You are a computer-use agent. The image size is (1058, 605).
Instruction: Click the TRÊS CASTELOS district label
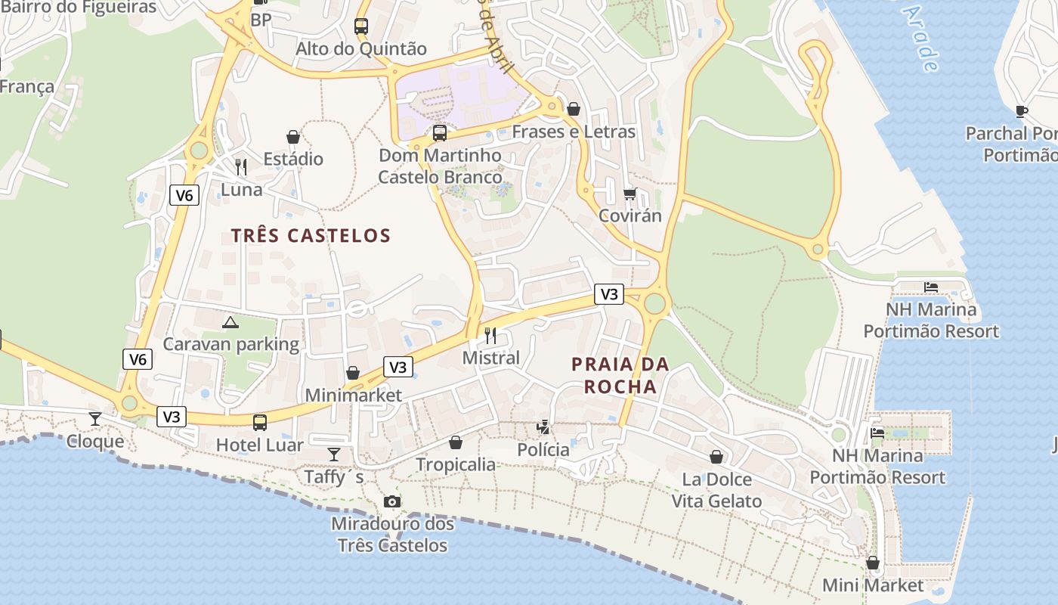point(311,235)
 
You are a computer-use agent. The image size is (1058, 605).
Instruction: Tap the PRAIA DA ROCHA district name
point(620,375)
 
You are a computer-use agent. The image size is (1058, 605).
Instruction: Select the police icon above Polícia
point(543,427)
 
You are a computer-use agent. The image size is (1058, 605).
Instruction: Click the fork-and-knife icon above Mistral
point(490,335)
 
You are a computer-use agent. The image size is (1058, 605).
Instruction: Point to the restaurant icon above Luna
point(241,166)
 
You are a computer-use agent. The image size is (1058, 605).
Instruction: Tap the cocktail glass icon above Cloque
point(95,418)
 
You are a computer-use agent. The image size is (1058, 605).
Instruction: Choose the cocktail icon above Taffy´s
point(334,454)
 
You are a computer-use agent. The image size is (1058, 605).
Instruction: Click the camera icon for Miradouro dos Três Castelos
point(391,501)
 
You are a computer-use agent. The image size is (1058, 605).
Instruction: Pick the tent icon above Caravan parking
point(230,322)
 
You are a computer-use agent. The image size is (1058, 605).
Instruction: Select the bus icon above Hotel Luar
point(260,422)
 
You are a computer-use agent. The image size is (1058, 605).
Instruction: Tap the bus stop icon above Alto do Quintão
point(361,26)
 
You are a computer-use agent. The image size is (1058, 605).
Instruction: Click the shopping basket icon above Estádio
point(293,137)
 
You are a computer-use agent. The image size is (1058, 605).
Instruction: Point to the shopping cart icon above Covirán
point(630,194)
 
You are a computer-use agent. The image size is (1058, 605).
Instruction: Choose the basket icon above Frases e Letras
point(574,109)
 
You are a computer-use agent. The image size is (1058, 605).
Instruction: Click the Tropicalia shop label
point(456,464)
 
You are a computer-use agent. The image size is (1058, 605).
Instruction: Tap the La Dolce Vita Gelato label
point(716,490)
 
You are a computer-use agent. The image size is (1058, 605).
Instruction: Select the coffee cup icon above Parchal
point(1022,112)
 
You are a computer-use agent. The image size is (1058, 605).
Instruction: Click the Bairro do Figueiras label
point(79,8)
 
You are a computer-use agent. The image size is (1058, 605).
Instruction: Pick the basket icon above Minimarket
point(353,373)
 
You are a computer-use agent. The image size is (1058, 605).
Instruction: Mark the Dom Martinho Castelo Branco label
point(440,166)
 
